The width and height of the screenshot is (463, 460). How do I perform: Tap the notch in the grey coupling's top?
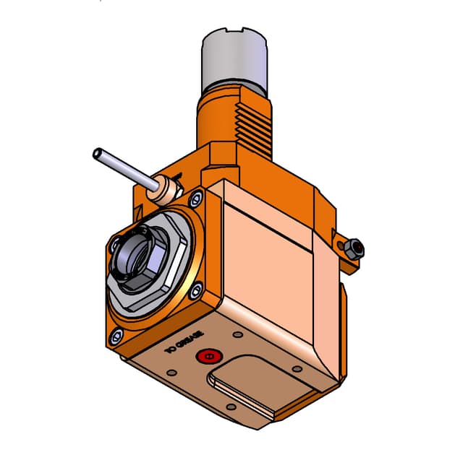[238, 33]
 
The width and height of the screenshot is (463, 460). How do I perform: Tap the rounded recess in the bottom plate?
[247, 391]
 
